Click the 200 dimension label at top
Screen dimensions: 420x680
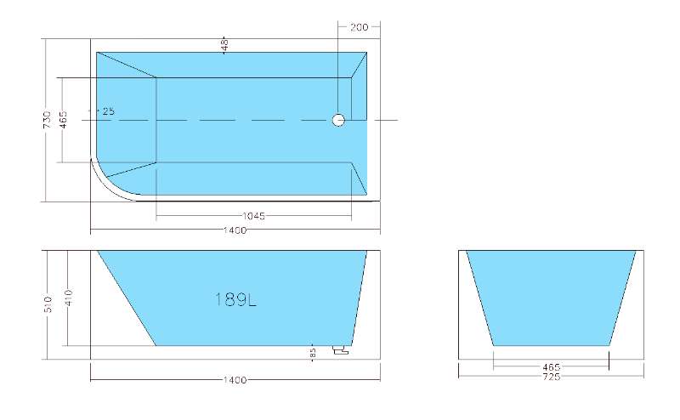(x=359, y=27)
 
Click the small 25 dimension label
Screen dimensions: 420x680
(x=108, y=111)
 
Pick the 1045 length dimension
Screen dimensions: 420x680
(x=253, y=216)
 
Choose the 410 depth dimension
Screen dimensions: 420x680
(x=68, y=298)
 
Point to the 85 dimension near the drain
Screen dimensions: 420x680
(x=313, y=352)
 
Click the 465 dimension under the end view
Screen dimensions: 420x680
(x=551, y=367)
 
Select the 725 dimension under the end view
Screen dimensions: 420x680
(x=551, y=377)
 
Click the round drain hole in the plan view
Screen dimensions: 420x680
(x=338, y=120)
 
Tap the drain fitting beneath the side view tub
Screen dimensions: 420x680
(x=342, y=349)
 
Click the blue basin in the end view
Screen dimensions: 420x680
(x=551, y=298)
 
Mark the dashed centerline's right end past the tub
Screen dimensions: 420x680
(x=395, y=120)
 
